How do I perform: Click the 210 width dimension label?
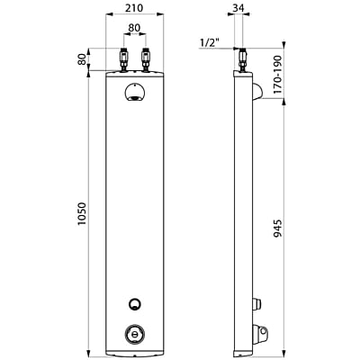pyautogui.click(x=134, y=7)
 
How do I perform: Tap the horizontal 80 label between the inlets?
pyautogui.click(x=134, y=28)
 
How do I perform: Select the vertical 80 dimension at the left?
pyautogui.click(x=81, y=59)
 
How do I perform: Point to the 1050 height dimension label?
pyautogui.click(x=81, y=214)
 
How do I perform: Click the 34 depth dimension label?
pyautogui.click(x=238, y=8)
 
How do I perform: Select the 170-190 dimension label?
pyautogui.click(x=278, y=74)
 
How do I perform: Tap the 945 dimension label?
pyautogui.click(x=278, y=229)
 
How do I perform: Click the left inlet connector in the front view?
pyautogui.click(x=124, y=60)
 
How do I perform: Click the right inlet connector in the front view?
pyautogui.click(x=146, y=60)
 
